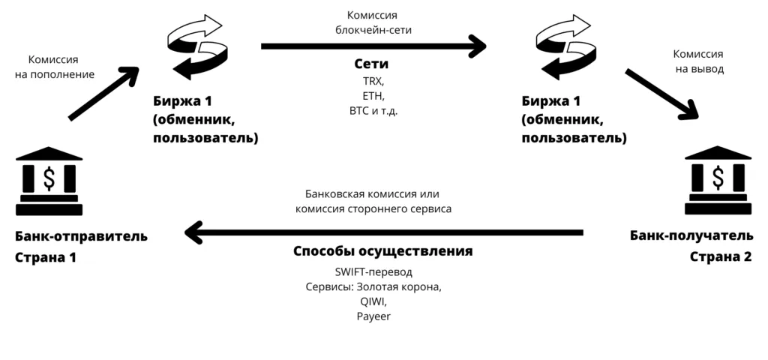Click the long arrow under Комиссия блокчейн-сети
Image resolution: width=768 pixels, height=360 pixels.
373,47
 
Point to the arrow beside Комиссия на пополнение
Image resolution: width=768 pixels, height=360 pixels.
103,93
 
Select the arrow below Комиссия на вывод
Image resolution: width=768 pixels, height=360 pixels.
661,94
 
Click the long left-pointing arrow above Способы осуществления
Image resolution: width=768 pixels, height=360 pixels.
383,233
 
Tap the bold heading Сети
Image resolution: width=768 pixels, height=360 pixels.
370,64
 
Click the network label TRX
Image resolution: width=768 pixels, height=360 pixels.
371,82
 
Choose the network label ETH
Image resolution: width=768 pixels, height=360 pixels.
371,96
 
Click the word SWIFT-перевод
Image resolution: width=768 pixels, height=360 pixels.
373,271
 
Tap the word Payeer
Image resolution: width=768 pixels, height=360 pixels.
373,316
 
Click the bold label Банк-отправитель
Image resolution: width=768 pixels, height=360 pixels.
81,236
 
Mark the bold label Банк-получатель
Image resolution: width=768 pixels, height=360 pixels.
691,236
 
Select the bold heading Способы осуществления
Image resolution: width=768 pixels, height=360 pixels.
382,251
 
